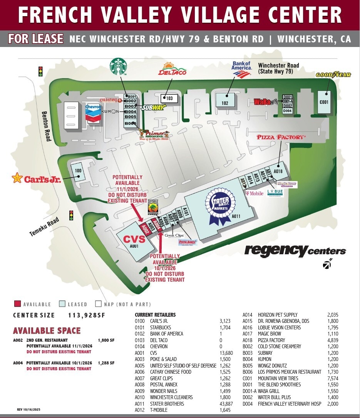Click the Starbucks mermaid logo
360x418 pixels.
pyautogui.click(x=118, y=66)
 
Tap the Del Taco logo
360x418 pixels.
pyautogui.click(x=172, y=71)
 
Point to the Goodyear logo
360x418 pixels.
pyautogui.click(x=333, y=75)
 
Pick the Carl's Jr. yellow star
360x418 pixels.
pyautogui.click(x=17, y=178)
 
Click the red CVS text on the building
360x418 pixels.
pyautogui.click(x=134, y=239)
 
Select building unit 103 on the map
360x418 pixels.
pyautogui.click(x=169, y=99)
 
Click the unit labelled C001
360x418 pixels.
pyautogui.click(x=324, y=102)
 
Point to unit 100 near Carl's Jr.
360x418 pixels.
pyautogui.click(x=78, y=171)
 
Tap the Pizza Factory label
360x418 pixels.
pyautogui.click(x=281, y=137)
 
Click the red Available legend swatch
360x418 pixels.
pyautogui.click(x=17, y=304)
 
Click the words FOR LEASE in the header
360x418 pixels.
pyautogui.click(x=36, y=39)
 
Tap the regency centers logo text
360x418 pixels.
pyautogui.click(x=295, y=251)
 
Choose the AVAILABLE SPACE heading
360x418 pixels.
pyautogui.click(x=47, y=331)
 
